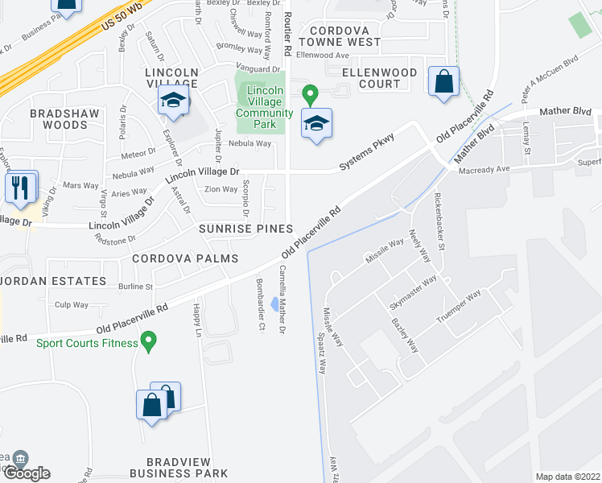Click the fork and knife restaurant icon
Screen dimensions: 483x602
(x=21, y=187)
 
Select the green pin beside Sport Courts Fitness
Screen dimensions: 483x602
(x=148, y=344)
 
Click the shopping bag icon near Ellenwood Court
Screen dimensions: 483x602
(x=443, y=81)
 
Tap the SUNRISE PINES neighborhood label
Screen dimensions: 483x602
(x=245, y=229)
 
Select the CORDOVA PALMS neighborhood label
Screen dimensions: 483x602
(x=185, y=258)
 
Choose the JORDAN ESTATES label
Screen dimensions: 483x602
(x=53, y=281)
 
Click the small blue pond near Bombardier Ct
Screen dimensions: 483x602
(x=276, y=304)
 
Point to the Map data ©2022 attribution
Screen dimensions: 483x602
(x=567, y=477)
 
